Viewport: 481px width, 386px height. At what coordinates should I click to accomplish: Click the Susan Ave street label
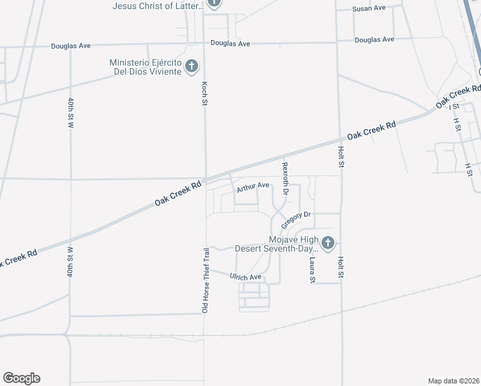368,9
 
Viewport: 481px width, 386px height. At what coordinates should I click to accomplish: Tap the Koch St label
204,94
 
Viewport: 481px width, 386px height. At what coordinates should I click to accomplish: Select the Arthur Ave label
253,187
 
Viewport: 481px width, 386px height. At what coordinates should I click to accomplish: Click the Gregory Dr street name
296,217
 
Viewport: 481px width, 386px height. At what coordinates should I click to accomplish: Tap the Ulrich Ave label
246,277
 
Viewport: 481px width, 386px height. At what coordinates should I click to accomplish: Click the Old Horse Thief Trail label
206,280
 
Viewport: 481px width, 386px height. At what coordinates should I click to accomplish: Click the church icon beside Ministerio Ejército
191,66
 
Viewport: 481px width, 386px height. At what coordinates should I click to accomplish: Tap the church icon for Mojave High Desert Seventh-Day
328,243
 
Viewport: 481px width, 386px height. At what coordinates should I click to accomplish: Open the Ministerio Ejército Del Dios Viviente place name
145,66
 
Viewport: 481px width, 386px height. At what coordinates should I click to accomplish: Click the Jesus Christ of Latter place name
158,6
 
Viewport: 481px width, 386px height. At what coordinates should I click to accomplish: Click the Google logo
21,378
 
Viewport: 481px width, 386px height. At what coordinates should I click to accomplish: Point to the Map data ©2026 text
453,381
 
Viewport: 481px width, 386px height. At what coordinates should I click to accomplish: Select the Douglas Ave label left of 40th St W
71,46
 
